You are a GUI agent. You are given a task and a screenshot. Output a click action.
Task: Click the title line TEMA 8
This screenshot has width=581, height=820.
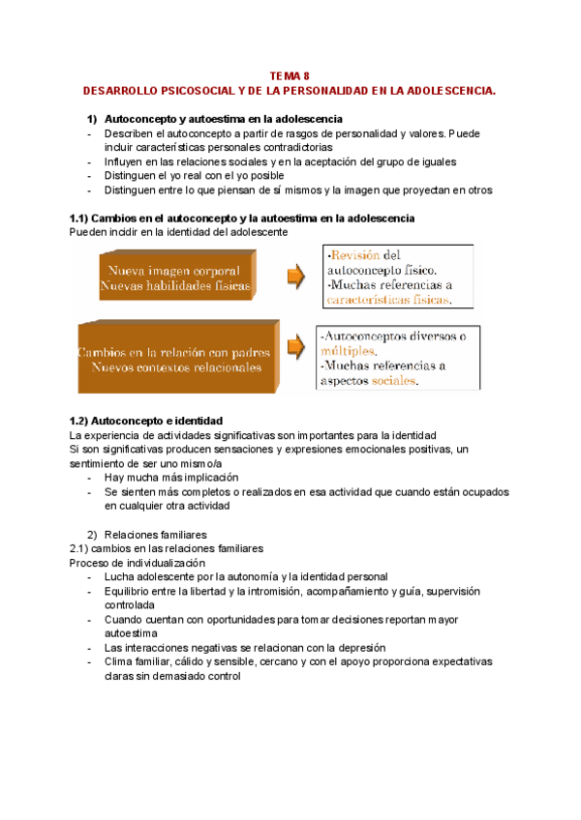point(290,75)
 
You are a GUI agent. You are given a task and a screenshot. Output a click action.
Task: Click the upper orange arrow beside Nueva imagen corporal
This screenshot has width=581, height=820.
point(294,278)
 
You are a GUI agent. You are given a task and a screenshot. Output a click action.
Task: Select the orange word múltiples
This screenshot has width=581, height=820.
point(346,351)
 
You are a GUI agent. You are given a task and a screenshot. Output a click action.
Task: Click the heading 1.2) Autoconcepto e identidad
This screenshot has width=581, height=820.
point(146,422)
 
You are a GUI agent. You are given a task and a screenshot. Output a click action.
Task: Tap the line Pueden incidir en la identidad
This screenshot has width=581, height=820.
point(178,233)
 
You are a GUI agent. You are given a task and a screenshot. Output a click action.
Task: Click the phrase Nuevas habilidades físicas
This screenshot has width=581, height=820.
point(175,286)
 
